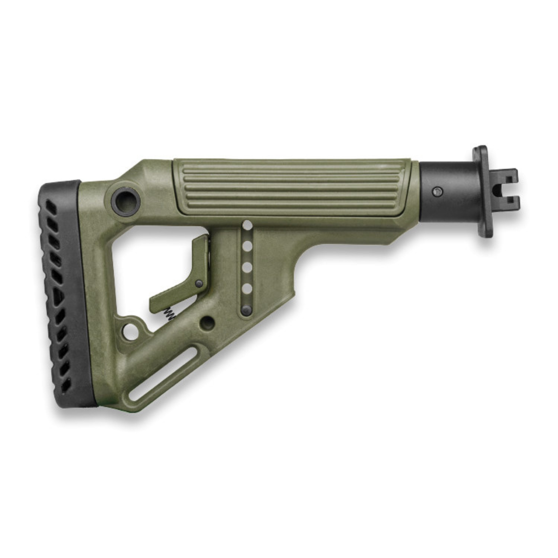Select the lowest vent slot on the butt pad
point(66,385)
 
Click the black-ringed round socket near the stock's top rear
point(126,199)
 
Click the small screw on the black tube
point(437,191)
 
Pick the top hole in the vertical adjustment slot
point(247,226)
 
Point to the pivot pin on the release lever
point(199,283)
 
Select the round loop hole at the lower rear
point(131,332)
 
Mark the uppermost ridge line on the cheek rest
point(293,166)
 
